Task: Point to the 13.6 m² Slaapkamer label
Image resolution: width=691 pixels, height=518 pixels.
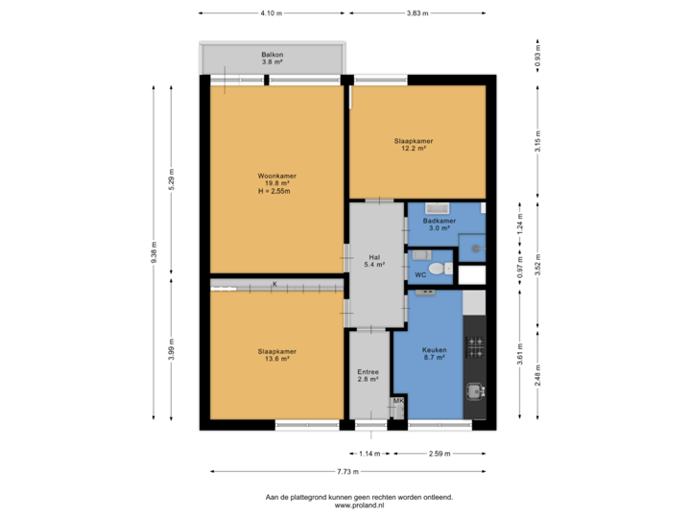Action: point(275,355)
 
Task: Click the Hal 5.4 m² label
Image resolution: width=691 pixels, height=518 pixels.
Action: point(376,260)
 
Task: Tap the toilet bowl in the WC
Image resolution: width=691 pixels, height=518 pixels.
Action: point(439,268)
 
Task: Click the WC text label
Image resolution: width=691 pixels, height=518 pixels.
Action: point(420,275)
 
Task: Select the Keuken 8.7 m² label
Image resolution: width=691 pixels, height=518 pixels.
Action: point(435,354)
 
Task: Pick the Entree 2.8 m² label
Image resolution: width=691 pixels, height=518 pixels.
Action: point(369,376)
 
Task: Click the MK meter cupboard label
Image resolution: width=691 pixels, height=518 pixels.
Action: point(397,402)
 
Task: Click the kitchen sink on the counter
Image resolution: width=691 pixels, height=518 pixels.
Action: point(474,390)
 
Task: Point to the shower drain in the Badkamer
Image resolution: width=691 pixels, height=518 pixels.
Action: point(472,246)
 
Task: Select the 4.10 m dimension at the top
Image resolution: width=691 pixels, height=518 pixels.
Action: point(272,13)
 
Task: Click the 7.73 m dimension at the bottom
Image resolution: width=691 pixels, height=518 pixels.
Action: point(347,471)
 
